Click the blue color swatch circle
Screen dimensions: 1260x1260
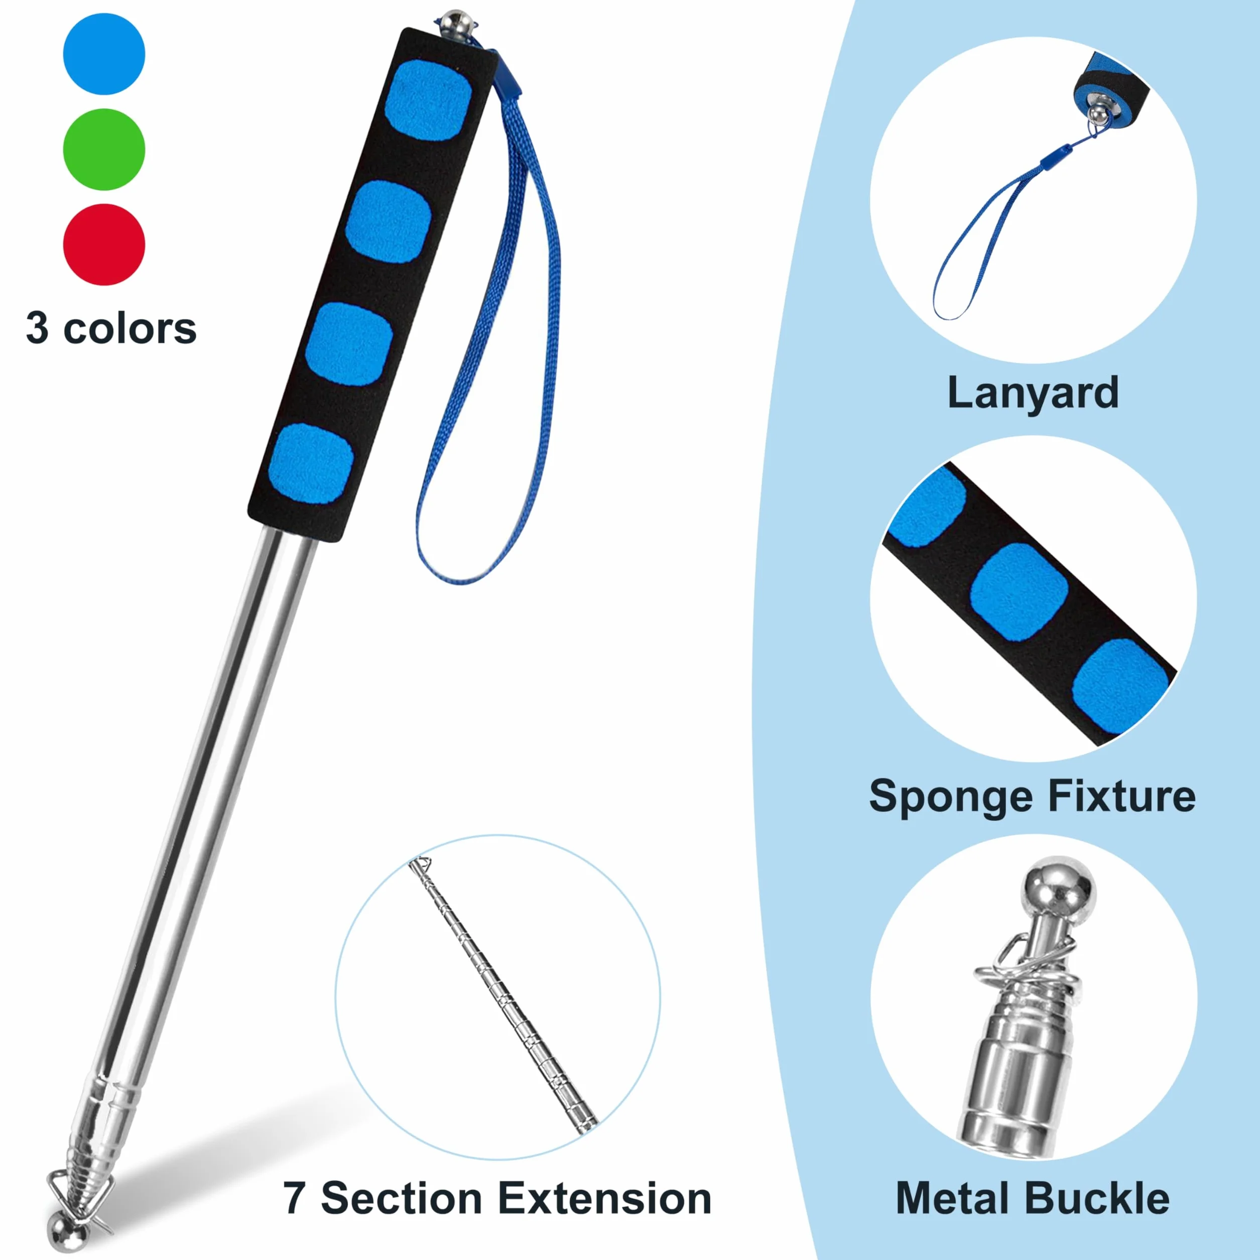click(x=104, y=54)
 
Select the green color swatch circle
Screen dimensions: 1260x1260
click(x=104, y=150)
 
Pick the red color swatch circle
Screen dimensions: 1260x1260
click(x=104, y=244)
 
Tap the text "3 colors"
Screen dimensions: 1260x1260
click(x=111, y=328)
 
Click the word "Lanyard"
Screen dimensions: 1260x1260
click(x=1033, y=393)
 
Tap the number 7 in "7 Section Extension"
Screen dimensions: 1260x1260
click(x=294, y=1199)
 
